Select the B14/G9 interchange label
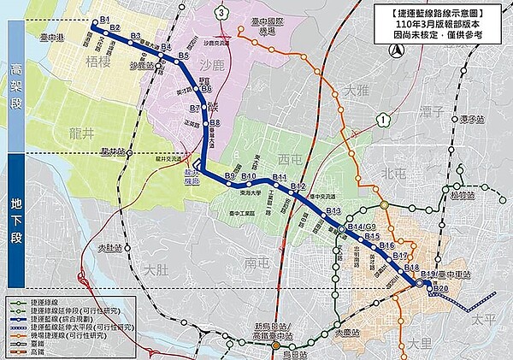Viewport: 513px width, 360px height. pyautogui.click(x=357, y=226)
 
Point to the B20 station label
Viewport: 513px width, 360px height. pyautogui.click(x=440, y=288)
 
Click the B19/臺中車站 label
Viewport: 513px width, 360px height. pyautogui.click(x=441, y=274)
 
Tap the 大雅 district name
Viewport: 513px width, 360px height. pyautogui.click(x=351, y=89)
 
